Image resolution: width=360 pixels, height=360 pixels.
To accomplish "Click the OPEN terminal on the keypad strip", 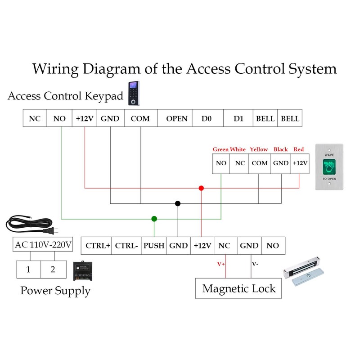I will (176, 119).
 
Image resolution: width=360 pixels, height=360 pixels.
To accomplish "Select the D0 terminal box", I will (207, 119).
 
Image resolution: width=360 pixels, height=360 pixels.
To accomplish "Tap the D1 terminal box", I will (238, 119).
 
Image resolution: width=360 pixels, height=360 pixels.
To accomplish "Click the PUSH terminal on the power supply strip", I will (154, 246).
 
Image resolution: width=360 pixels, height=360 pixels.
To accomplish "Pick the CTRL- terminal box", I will (126, 246).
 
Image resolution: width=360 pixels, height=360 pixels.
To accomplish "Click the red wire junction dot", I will (201, 188).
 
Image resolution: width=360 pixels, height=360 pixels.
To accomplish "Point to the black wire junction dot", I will (178, 204).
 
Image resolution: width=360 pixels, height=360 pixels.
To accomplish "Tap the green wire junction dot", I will (154, 219).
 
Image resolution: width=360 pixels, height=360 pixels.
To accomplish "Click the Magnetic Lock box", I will (238, 288).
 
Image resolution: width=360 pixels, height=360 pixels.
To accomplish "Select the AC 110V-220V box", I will (43, 245).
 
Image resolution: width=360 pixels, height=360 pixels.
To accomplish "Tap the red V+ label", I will (221, 264).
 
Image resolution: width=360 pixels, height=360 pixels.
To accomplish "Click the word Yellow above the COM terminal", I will (259, 149).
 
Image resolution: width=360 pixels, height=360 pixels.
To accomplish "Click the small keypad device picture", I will (133, 94).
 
